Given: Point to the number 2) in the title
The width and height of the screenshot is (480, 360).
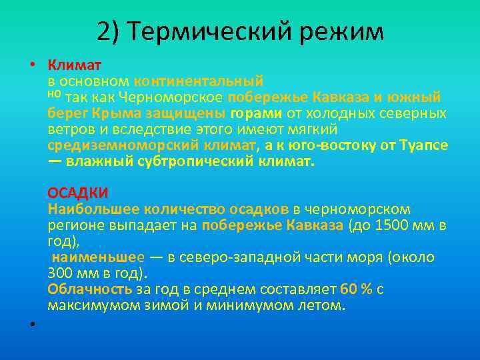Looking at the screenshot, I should coord(109,31).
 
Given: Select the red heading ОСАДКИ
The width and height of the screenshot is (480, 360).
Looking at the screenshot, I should coord(77,193).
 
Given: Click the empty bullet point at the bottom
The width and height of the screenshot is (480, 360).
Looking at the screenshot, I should coord(31,324).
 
